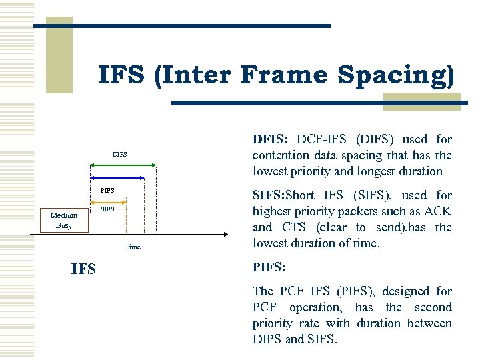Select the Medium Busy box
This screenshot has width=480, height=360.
(x=64, y=220)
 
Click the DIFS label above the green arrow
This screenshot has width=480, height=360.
(x=119, y=155)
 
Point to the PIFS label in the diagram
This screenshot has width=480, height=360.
(x=107, y=191)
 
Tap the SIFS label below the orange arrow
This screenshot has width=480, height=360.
(x=107, y=209)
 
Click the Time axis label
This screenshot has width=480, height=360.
(x=133, y=247)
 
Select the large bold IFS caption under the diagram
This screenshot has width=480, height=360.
(x=83, y=269)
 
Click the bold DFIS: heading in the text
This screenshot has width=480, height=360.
(x=270, y=139)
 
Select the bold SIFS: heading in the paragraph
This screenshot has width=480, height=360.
(x=272, y=195)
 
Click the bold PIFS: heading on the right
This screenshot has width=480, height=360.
(x=269, y=267)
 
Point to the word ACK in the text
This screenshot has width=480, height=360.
(x=439, y=211)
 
